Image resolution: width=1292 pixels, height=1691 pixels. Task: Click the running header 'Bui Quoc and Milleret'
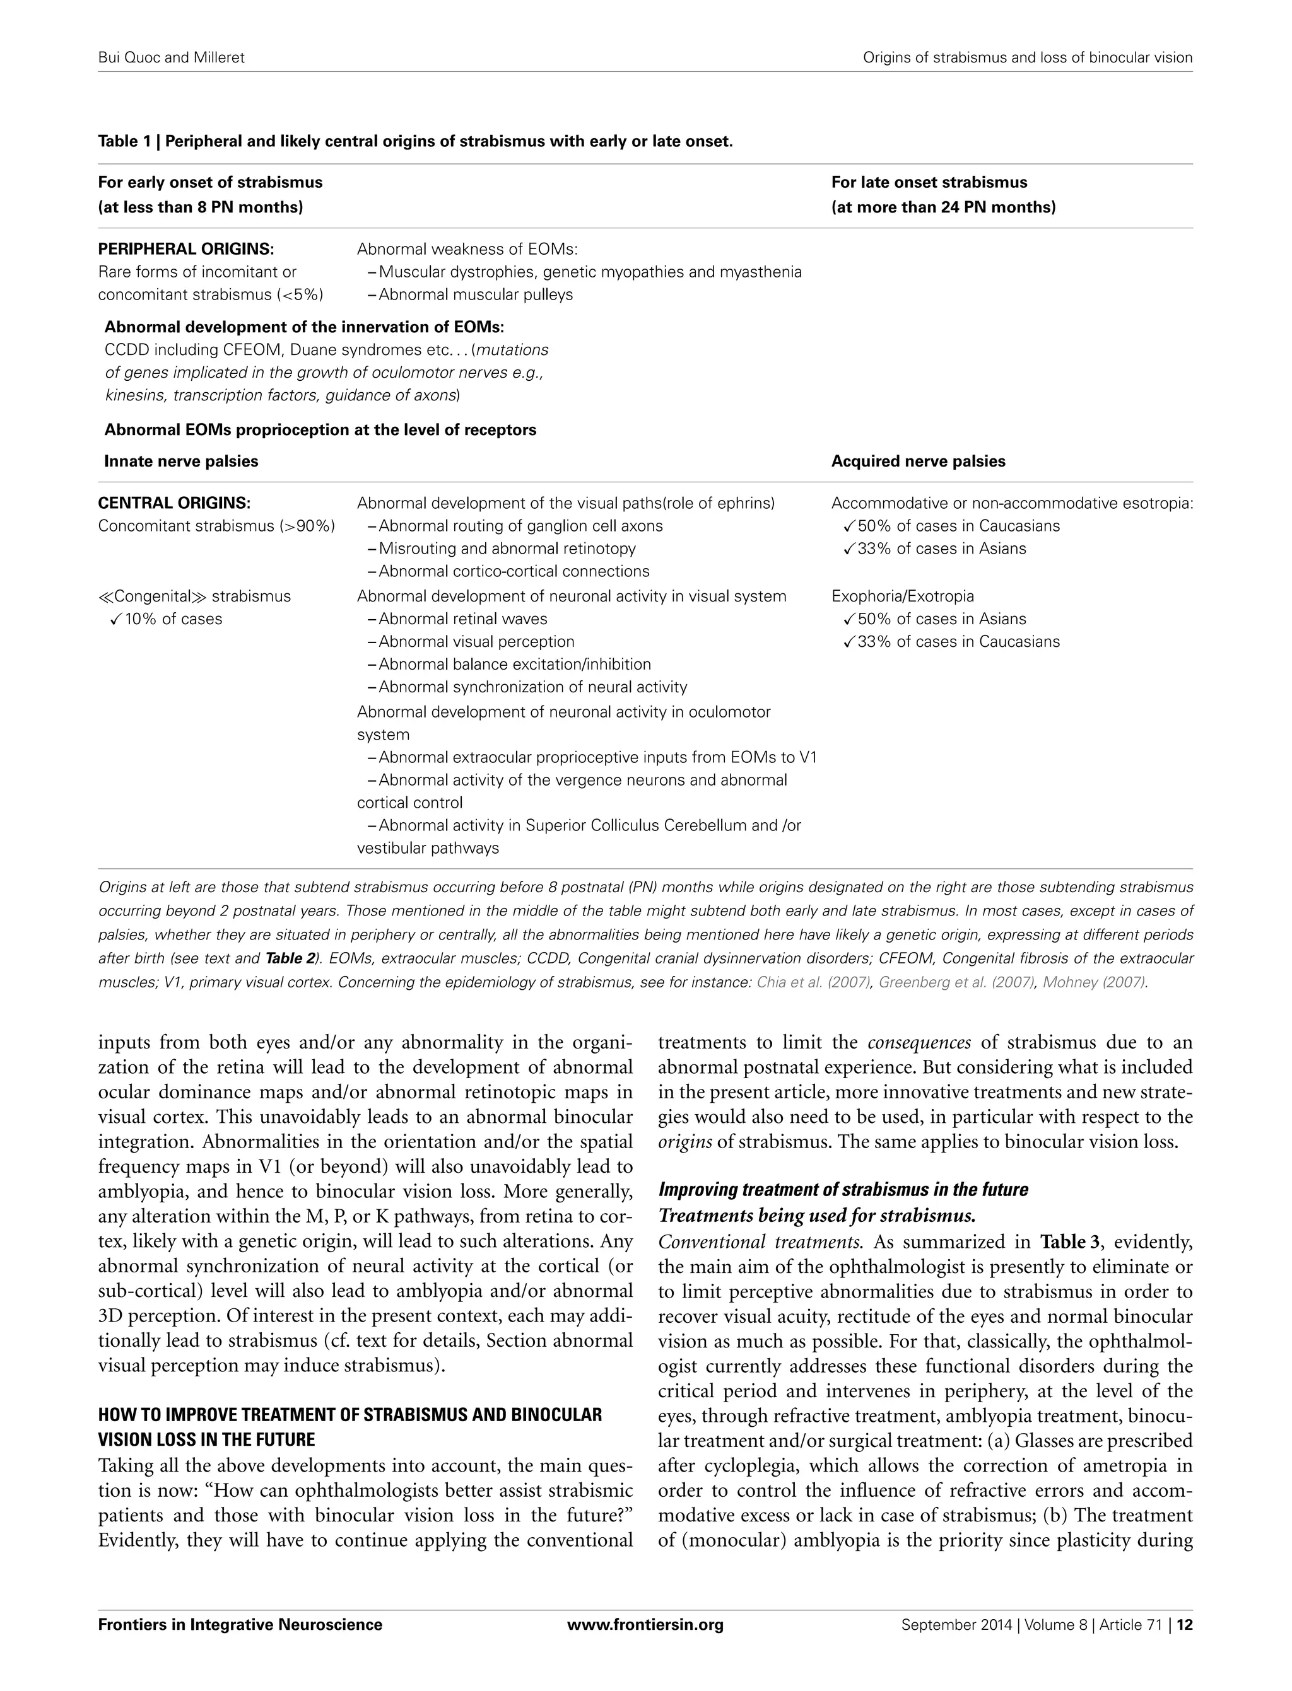tap(171, 57)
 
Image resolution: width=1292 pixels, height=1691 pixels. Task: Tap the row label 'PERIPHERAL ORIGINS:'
tap(185, 249)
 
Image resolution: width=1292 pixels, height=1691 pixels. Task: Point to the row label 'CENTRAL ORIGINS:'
tap(174, 504)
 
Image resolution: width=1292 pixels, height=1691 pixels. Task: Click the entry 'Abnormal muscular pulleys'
tap(475, 294)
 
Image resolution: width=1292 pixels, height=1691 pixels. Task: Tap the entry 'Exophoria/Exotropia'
tap(902, 596)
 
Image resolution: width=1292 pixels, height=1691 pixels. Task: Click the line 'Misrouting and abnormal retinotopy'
tap(507, 549)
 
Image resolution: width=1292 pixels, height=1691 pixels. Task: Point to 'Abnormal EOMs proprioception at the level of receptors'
tap(320, 429)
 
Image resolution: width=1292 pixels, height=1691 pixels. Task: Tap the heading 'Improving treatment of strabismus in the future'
tap(843, 1190)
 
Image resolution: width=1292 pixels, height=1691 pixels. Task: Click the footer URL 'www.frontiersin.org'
tap(645, 1624)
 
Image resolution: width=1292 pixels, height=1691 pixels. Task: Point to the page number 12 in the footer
tap(1184, 1624)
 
